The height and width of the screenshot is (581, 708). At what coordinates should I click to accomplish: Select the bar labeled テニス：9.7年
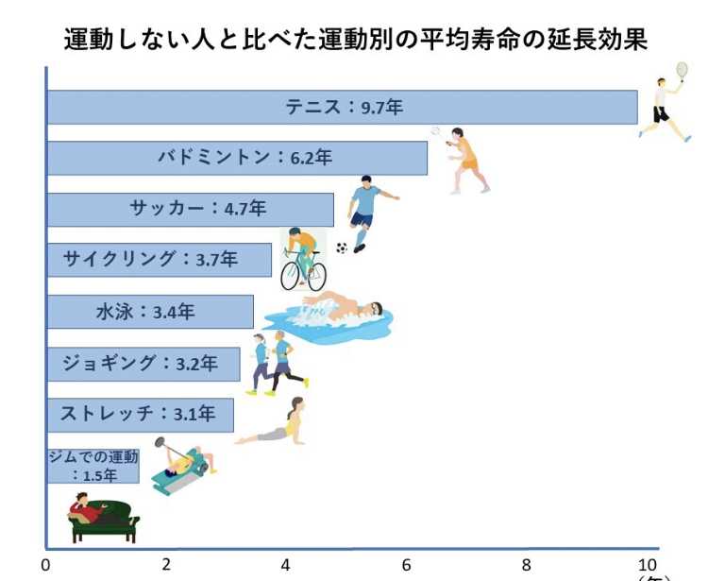tap(342, 107)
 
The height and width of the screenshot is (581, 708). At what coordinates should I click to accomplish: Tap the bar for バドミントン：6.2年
tap(237, 158)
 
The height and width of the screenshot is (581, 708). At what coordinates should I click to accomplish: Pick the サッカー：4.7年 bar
tap(190, 209)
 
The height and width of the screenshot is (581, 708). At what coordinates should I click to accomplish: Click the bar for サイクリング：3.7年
tap(160, 260)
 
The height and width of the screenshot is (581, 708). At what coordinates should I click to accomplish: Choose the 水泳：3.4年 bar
tap(150, 311)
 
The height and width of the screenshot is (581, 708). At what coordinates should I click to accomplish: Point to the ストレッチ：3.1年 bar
tap(140, 414)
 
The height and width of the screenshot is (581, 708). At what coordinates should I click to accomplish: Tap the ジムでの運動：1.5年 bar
tap(93, 465)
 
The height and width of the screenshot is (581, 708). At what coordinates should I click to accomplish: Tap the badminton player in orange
tap(465, 159)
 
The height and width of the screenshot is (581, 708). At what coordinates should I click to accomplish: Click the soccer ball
tap(342, 248)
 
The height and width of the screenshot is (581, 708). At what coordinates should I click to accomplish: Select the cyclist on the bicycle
tap(303, 259)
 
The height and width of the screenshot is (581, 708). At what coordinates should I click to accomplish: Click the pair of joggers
tap(274, 362)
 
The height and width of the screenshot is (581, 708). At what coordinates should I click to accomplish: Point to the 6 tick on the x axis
tap(406, 565)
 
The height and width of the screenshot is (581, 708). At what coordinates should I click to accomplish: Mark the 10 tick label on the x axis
tap(647, 565)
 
